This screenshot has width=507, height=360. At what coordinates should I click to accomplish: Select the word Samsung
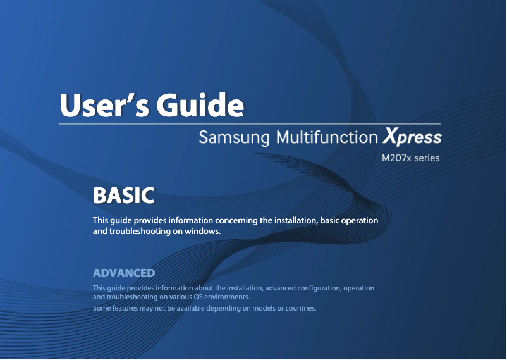pos(234,137)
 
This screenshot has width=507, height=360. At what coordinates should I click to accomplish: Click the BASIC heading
pos(123,196)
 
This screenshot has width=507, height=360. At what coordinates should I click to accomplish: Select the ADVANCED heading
pos(124,273)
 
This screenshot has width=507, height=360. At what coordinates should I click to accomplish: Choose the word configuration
pos(314,289)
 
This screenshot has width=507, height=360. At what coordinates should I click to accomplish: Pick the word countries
pos(300,309)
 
